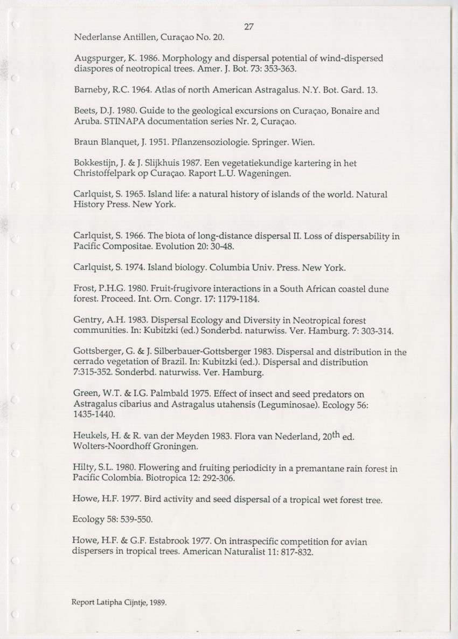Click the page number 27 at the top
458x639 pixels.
248,26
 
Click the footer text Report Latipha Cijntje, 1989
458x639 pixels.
119,602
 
